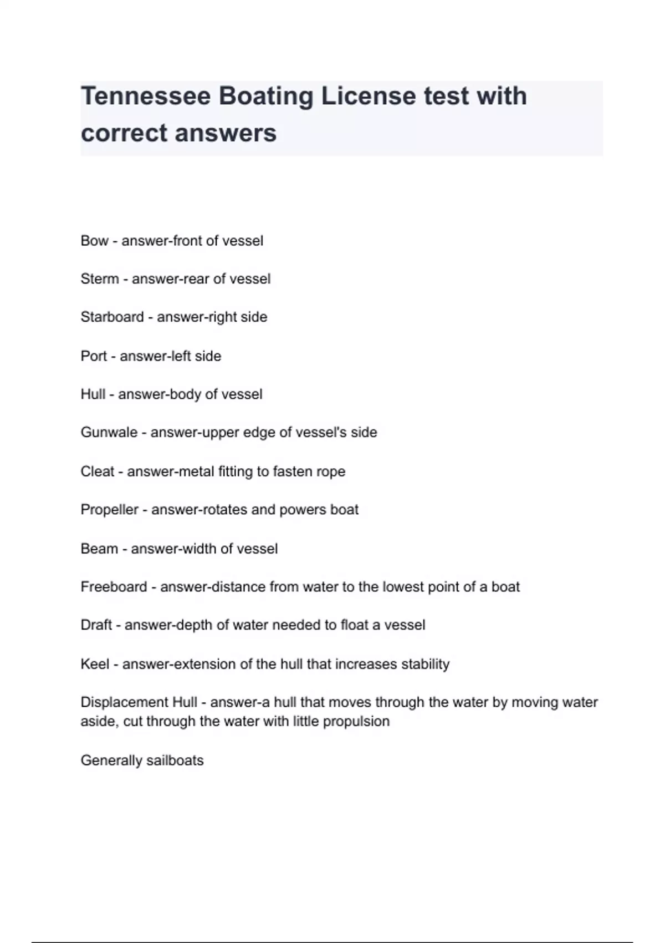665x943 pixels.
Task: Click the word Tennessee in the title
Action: tap(146, 96)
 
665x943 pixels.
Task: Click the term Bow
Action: tap(94, 241)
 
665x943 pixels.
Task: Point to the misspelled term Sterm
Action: tap(100, 278)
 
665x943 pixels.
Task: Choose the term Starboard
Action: tap(112, 317)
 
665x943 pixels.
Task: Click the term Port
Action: tap(94, 356)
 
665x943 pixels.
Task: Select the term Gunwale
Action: tap(109, 432)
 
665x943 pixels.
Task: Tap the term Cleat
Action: tap(97, 471)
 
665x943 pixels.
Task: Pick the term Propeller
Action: tap(109, 509)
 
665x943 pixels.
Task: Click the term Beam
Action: tap(99, 549)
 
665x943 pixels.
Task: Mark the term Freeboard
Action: tap(114, 587)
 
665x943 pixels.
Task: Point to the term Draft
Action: tap(96, 625)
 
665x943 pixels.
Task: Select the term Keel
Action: tap(95, 664)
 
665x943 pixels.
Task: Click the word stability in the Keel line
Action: tap(425, 664)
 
